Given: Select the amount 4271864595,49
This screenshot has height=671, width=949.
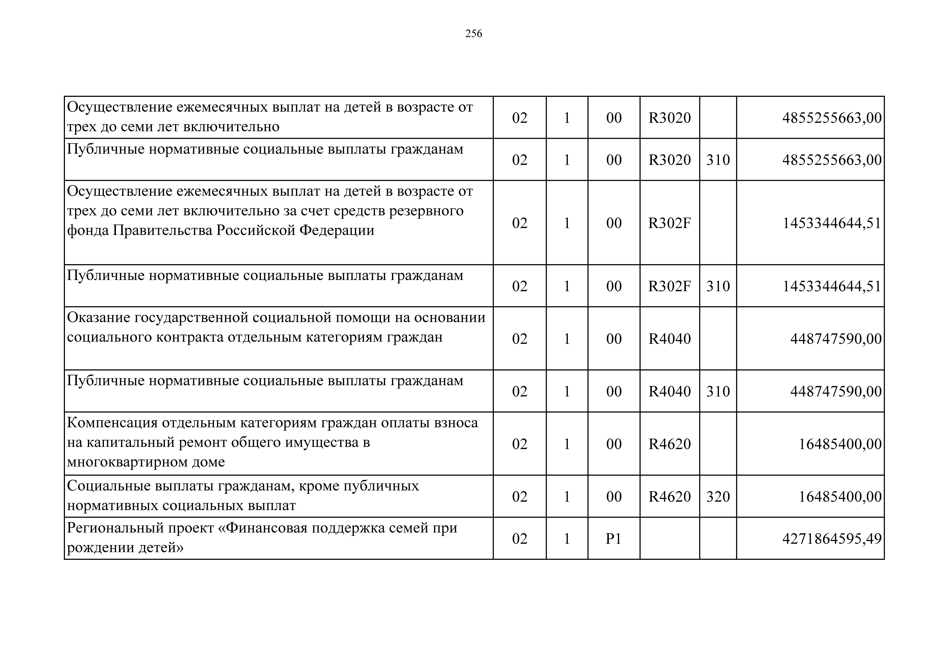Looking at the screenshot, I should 832,539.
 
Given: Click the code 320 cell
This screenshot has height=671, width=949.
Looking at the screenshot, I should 718,497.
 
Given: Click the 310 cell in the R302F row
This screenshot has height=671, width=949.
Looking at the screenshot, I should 718,286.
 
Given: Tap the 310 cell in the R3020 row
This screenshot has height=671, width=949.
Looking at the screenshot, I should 718,160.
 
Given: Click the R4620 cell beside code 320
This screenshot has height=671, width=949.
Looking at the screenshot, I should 670,497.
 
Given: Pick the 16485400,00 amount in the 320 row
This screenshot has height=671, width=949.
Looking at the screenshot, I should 840,497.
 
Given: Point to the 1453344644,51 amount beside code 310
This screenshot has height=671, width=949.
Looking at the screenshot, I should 832,286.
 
